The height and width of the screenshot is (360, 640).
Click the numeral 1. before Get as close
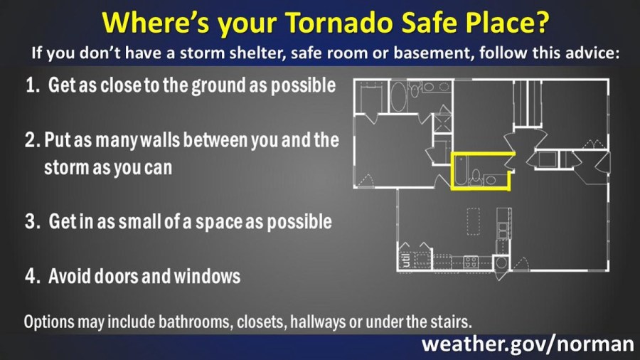33,85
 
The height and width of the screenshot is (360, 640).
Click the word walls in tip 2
160,140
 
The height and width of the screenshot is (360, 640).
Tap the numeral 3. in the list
32,222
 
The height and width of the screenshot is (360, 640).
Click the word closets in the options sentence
262,322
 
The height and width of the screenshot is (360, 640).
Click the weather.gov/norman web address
528,344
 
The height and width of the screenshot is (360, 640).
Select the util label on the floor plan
406,260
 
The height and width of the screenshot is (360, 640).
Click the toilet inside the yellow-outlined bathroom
476,177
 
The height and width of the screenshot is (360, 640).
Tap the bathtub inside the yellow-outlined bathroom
460,170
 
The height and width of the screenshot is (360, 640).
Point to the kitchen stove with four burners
471,262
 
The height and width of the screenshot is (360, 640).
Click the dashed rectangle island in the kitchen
474,222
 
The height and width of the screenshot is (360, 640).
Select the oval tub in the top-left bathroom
398,96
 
